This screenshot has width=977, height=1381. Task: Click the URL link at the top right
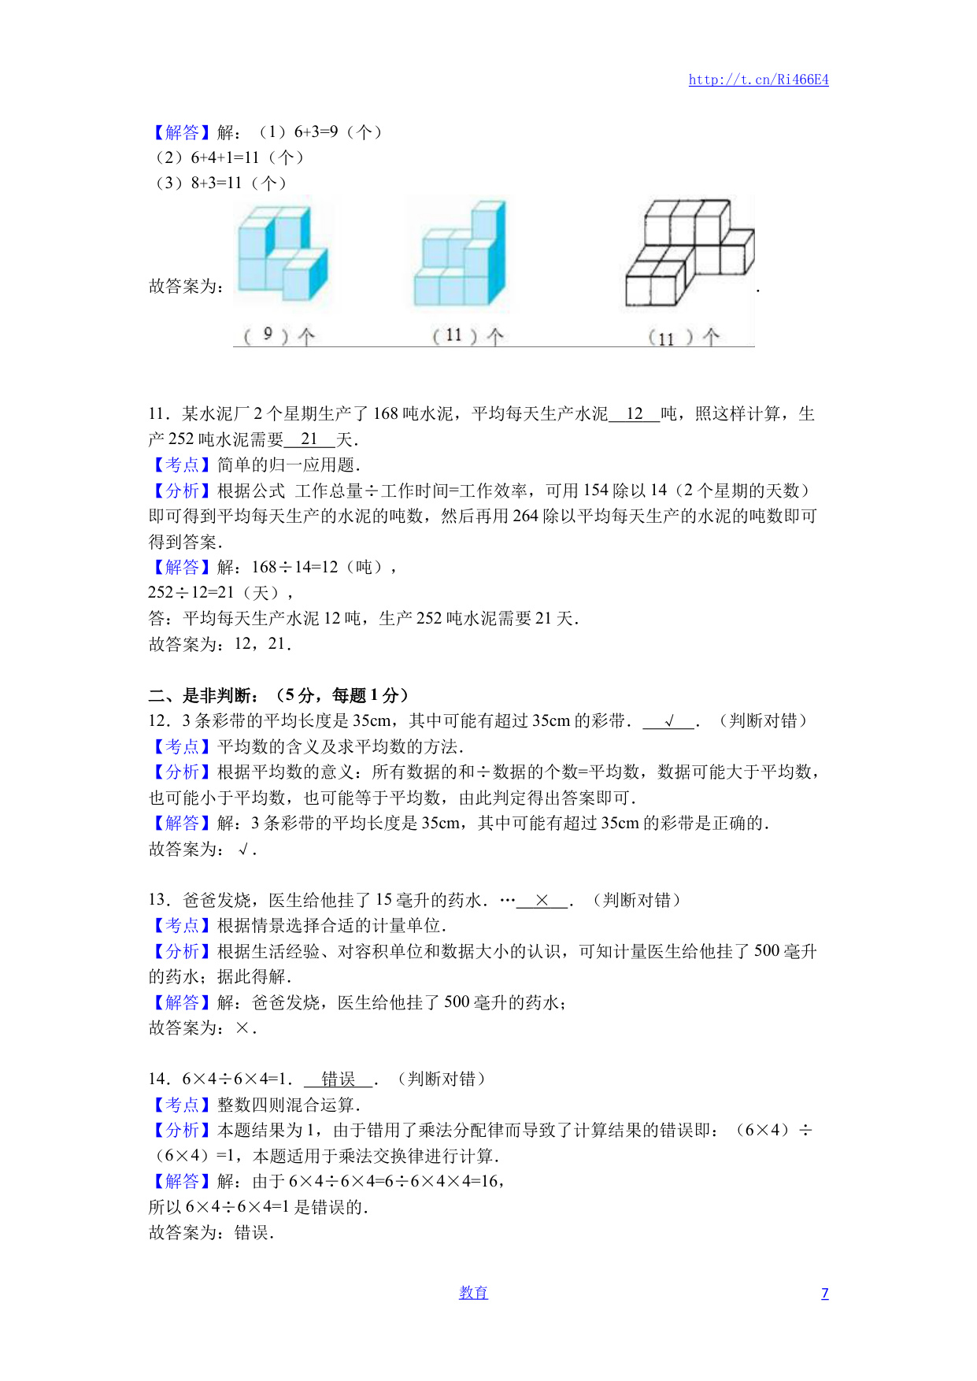pos(758,80)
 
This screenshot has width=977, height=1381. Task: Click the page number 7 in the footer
pos(824,1293)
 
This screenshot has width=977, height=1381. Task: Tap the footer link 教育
pos(473,1292)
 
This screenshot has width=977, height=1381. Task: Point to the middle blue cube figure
pos(461,254)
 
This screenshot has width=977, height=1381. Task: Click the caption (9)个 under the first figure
pos(279,336)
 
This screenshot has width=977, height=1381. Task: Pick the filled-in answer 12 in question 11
pos(635,413)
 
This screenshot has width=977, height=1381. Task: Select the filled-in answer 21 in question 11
pos(309,439)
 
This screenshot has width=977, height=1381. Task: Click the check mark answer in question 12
pos(669,720)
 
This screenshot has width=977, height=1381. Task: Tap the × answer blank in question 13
pos(542,900)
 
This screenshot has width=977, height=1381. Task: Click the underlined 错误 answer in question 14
pos(339,1079)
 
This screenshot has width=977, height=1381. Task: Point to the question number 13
pos(158,900)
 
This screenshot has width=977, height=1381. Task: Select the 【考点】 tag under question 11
pos(182,465)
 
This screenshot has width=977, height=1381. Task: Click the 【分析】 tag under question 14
pos(182,1130)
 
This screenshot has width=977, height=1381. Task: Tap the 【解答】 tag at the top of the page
pos(182,132)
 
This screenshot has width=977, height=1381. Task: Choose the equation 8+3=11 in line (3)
pos(216,183)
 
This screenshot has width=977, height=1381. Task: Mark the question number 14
pos(158,1079)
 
